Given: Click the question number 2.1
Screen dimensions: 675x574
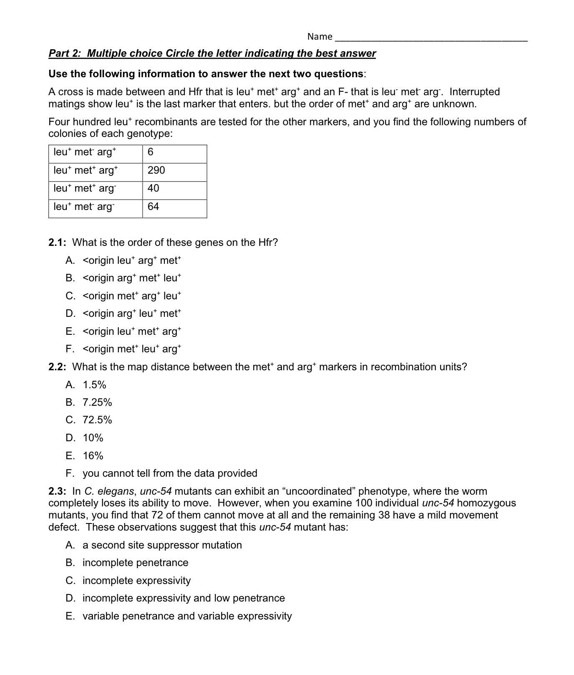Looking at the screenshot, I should [58, 243].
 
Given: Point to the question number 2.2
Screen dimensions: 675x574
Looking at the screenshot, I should [58, 367].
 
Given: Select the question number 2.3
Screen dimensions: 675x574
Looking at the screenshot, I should [58, 491].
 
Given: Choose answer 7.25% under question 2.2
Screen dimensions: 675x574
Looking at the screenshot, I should [97, 402].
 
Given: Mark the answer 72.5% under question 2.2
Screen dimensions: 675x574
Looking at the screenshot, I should [97, 420].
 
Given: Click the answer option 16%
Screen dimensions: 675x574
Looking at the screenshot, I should [93, 456].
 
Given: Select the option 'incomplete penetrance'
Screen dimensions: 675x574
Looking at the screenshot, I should [135, 563].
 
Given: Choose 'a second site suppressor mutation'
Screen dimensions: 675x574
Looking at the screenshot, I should [162, 545].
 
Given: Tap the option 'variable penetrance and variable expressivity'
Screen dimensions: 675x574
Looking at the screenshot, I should [187, 616].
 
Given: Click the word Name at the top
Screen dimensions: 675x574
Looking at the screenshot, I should [320, 37].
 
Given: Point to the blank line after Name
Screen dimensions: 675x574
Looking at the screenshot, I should [431, 38].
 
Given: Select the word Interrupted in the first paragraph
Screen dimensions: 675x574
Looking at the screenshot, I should [474, 92].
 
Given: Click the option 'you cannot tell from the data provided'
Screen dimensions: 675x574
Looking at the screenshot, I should [170, 473].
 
